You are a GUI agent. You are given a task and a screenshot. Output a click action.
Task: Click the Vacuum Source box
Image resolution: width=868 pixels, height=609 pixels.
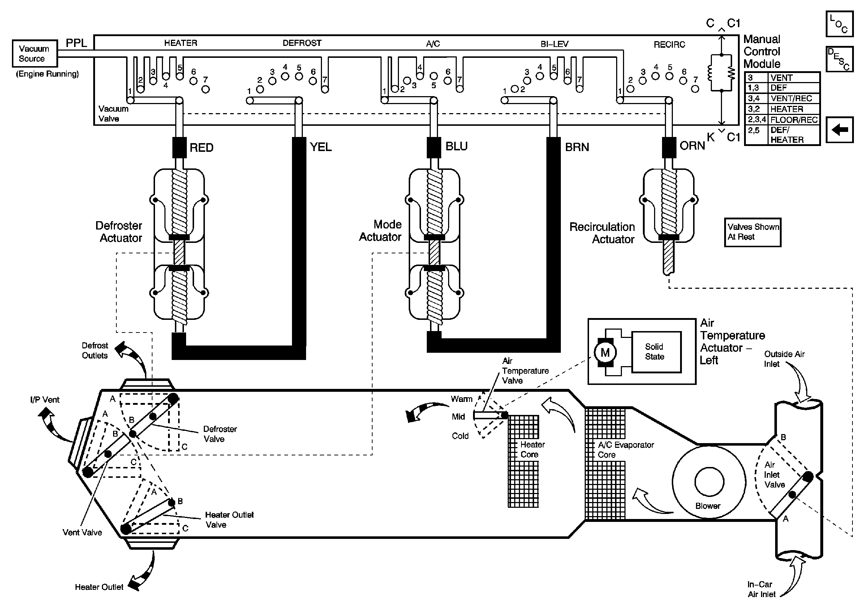35,53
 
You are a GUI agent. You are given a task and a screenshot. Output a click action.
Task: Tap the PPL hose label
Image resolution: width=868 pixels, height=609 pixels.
76,43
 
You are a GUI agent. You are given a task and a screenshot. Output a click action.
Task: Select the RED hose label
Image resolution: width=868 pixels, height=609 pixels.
202,147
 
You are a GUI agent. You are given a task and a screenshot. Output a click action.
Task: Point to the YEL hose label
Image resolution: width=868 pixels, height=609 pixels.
321,147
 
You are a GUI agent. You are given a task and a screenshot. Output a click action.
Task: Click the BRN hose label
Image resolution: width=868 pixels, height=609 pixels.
577,147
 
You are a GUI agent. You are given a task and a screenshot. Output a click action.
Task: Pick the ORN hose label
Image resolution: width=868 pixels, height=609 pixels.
692,146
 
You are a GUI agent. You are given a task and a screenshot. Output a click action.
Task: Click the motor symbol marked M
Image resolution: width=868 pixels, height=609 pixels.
605,353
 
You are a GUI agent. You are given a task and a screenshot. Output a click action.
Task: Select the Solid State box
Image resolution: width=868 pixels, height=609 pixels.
656,352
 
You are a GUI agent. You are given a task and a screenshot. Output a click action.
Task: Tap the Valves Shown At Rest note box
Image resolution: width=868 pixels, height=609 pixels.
752,232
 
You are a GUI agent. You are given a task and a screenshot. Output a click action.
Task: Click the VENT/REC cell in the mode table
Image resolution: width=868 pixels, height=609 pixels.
794,99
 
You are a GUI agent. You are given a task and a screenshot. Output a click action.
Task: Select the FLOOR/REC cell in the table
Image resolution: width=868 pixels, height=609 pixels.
794,120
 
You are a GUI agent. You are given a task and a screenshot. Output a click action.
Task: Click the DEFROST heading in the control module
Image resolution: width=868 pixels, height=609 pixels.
302,43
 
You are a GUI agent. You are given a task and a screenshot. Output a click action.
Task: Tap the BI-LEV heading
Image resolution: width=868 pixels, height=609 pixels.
555,44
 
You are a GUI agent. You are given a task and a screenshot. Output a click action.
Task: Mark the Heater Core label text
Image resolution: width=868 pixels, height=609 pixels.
532,450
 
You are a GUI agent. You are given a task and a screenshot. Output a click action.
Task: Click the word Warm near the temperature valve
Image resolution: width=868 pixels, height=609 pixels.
461,399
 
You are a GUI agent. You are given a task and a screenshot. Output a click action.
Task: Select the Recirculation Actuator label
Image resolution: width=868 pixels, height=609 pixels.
602,233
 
